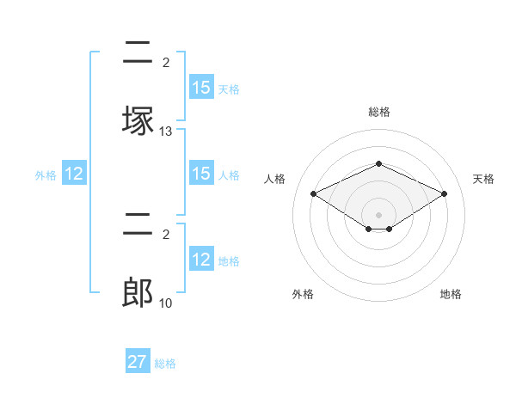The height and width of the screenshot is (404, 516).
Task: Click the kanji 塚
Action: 138,120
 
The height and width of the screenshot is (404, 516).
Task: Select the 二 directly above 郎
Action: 138,225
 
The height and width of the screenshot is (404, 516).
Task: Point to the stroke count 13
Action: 166,132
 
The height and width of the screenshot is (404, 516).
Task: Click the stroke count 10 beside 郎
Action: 166,303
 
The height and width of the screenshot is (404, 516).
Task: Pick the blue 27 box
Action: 138,362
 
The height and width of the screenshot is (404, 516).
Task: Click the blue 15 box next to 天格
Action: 200,88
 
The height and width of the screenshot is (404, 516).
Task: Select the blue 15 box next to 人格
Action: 200,174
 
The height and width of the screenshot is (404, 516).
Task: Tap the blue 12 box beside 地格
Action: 200,260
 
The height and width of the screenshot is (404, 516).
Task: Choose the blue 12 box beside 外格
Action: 74,174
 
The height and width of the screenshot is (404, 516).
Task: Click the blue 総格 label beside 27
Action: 165,364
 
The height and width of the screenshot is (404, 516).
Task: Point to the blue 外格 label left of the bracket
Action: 46,174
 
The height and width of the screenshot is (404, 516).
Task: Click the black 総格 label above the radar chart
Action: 379,112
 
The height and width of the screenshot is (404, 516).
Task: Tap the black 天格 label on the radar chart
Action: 483,179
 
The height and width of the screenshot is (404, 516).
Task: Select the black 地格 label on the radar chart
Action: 451,294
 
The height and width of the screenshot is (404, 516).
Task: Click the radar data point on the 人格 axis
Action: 313,193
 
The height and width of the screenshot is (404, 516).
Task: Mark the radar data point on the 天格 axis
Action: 444,193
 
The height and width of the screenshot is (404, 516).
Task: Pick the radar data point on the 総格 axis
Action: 378,163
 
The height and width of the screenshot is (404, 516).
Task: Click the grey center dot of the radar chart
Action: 378,215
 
